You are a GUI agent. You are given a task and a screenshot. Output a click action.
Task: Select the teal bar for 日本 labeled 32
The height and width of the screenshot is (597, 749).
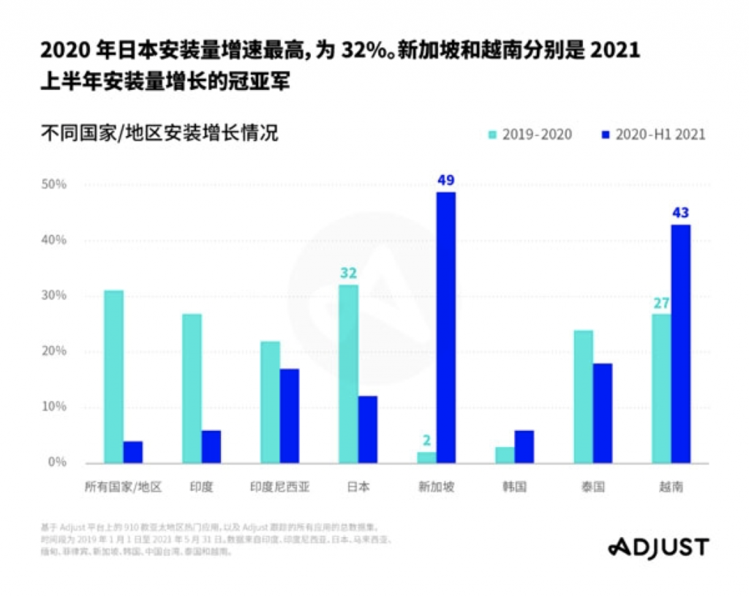(x=349, y=373)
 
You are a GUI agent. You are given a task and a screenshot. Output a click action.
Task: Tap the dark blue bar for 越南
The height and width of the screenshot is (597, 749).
(x=681, y=343)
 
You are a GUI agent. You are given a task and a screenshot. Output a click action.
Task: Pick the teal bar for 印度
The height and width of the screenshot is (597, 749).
(x=192, y=388)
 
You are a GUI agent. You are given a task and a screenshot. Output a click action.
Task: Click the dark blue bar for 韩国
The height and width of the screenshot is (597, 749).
(x=524, y=446)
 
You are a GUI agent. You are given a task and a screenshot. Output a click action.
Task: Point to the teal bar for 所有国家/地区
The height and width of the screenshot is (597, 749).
(x=113, y=376)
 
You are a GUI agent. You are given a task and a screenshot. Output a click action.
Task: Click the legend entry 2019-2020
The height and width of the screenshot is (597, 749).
(x=530, y=135)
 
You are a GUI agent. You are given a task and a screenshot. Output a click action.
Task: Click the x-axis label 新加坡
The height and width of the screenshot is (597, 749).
(x=437, y=487)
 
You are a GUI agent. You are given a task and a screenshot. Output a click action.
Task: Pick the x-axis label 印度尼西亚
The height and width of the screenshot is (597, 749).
(x=279, y=487)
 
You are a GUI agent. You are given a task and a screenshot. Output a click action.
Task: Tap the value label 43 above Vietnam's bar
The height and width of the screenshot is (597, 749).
(x=681, y=213)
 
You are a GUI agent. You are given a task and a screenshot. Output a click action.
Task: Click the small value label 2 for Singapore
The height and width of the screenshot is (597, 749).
(x=427, y=440)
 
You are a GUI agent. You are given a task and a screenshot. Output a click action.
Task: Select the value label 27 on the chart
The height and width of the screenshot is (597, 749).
(x=661, y=303)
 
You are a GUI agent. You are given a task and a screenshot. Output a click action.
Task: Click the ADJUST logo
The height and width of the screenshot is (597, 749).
(x=658, y=547)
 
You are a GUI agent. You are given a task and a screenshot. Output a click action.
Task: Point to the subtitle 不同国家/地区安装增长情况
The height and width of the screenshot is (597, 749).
(x=160, y=134)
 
